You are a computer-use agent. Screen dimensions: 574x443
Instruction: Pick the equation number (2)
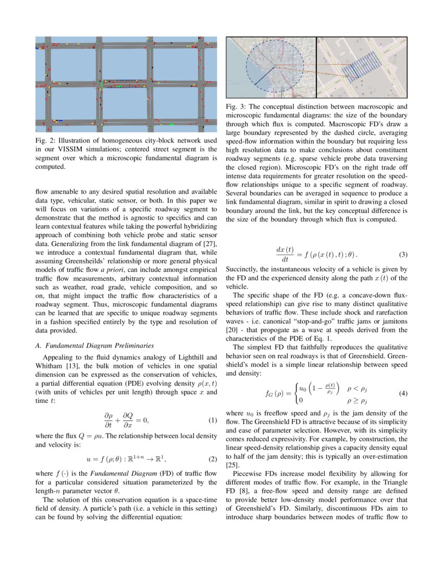(213, 459)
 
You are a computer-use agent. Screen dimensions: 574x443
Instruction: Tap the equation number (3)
(403, 255)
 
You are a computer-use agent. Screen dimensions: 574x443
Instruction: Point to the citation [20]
(232, 330)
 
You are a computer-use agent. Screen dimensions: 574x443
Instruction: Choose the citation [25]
(232, 464)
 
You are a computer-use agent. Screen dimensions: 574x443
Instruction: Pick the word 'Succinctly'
(242, 269)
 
